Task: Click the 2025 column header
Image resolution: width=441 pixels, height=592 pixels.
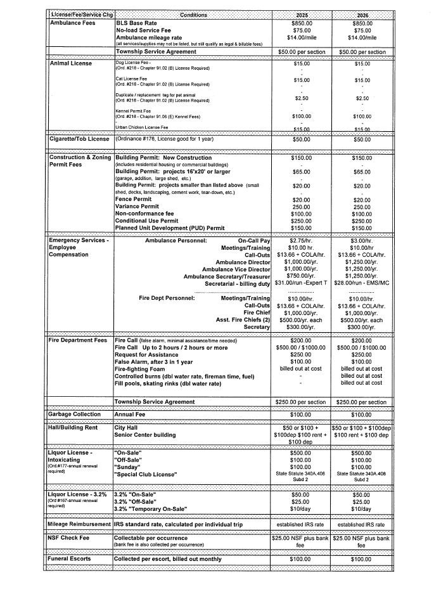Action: pos(300,15)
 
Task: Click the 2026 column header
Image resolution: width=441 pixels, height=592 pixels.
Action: pos(362,15)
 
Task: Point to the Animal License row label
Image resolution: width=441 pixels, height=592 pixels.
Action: pos(70,63)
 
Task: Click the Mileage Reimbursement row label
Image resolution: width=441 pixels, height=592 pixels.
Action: pos(79,524)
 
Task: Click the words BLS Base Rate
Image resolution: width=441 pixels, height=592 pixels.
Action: pos(136,23)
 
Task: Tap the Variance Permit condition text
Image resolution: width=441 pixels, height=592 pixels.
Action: pos(137,207)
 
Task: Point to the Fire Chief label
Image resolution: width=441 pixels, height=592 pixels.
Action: pos(257,312)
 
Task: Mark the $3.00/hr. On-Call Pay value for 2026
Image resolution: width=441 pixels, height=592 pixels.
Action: pos(362,241)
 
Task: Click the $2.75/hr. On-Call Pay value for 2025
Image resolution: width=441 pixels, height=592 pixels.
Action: pos(300,241)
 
